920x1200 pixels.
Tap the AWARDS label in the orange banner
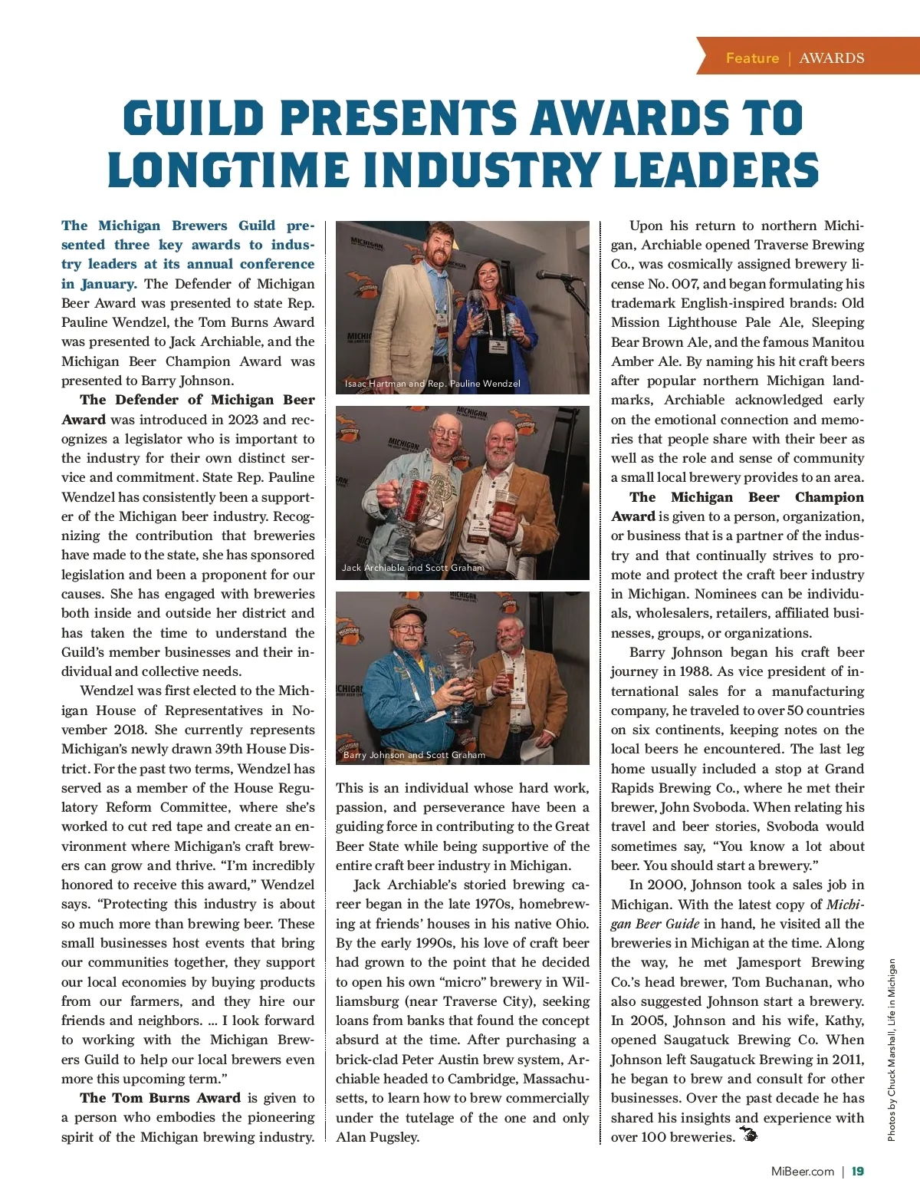(831, 58)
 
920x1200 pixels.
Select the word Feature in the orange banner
(752, 58)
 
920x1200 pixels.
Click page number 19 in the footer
(858, 1171)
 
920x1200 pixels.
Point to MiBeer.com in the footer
(802, 1171)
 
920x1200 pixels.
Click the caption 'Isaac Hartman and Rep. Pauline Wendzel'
(432, 384)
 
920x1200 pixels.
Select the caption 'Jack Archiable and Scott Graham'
(413, 568)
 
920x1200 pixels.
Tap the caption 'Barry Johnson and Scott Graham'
(414, 755)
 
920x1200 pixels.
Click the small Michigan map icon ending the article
(747, 1135)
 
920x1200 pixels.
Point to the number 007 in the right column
(685, 284)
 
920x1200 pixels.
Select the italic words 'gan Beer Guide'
(655, 924)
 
